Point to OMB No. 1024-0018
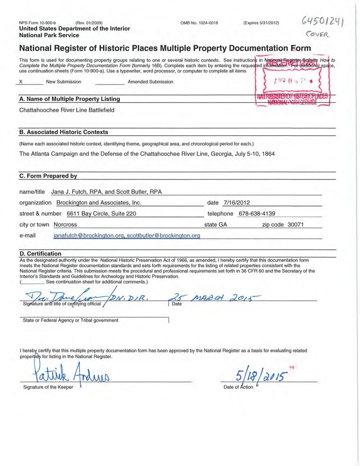click(x=199, y=23)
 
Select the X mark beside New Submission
click(x=20, y=82)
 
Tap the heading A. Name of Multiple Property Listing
click(x=69, y=99)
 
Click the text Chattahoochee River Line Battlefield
click(x=67, y=110)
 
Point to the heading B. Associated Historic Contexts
click(x=63, y=132)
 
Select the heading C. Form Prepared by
click(x=48, y=176)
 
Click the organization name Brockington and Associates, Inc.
click(x=98, y=202)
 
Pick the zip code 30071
click(x=296, y=224)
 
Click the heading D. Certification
click(x=40, y=253)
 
